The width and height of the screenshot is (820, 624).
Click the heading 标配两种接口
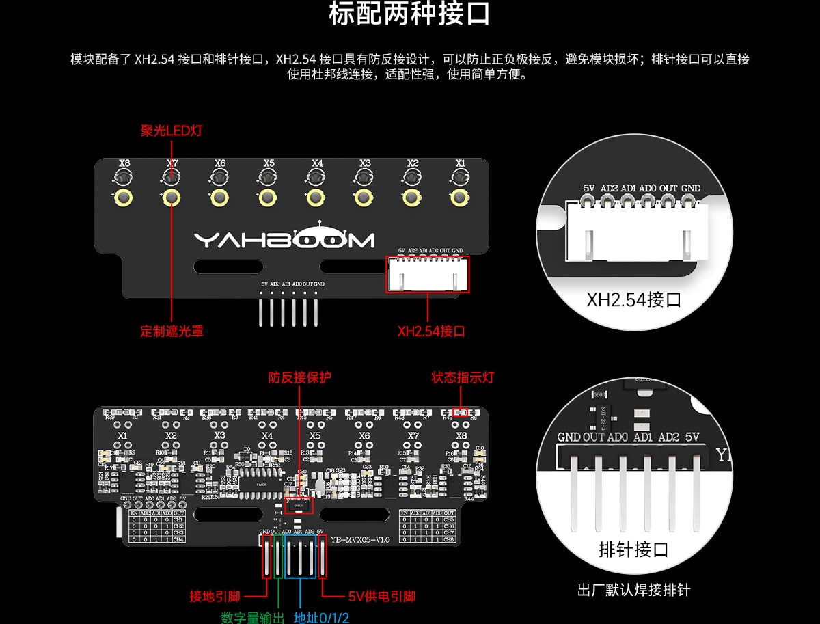pos(409,15)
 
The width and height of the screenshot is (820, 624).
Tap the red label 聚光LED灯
pos(172,131)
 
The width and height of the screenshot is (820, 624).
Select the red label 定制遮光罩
pos(172,331)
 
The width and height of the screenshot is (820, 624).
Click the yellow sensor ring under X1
pos(460,198)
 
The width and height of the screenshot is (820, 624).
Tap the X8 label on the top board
pos(124,164)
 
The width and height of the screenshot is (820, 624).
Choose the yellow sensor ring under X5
pos(268,198)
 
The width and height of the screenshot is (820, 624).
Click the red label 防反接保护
pos(299,377)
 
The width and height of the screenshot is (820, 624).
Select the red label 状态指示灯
pos(463,377)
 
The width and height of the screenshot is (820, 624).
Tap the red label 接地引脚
pos(214,597)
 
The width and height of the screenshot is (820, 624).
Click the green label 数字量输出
pos(252,618)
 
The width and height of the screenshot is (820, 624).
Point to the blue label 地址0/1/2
pos(321,618)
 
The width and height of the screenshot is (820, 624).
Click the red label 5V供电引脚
pos(381,597)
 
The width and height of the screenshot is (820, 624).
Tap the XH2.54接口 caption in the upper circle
pos(633,299)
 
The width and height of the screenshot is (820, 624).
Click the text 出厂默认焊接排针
pos(633,590)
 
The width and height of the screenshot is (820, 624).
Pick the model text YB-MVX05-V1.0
pos(360,540)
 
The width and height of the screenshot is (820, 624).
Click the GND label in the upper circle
pos(691,188)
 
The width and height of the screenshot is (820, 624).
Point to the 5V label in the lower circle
pos(692,437)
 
